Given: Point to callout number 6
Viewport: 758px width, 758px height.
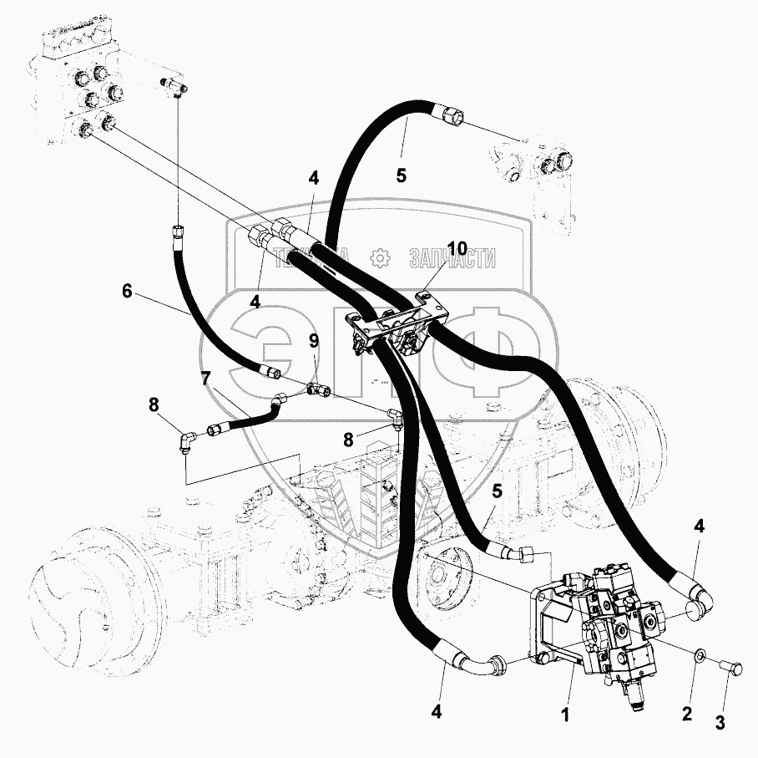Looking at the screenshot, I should pyautogui.click(x=127, y=291).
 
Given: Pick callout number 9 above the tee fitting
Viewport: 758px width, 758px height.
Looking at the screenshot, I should pyautogui.click(x=313, y=340).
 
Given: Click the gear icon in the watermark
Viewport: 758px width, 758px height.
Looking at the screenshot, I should pyautogui.click(x=380, y=258).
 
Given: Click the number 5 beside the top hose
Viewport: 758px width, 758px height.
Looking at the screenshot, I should pyautogui.click(x=401, y=176).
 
